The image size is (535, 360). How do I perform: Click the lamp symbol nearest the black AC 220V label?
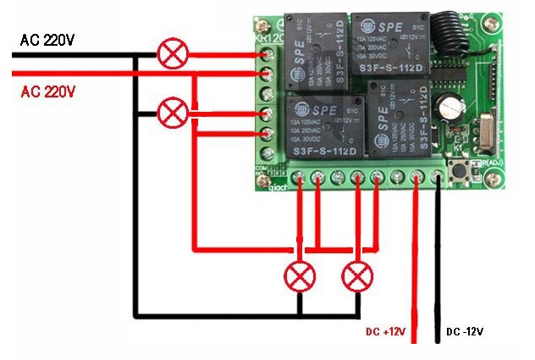[174, 55]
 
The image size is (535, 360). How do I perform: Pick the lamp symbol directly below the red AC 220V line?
[174, 112]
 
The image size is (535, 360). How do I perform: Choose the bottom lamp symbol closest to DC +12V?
[357, 276]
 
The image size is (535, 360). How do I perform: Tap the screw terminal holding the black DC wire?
[437, 176]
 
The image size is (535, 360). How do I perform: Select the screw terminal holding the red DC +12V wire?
[417, 176]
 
